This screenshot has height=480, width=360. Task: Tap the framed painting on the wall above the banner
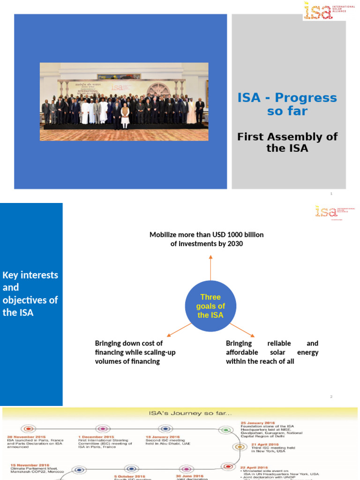[x=119, y=76]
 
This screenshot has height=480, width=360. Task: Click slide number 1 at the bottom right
[x=331, y=194]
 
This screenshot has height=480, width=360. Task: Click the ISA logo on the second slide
[x=335, y=211]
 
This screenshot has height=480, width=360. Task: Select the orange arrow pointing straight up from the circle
[x=210, y=269]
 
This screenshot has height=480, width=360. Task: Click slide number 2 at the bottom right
[x=331, y=397]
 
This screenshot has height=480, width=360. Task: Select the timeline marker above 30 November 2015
[x=29, y=429]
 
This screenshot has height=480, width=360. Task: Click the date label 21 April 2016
[x=265, y=444]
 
